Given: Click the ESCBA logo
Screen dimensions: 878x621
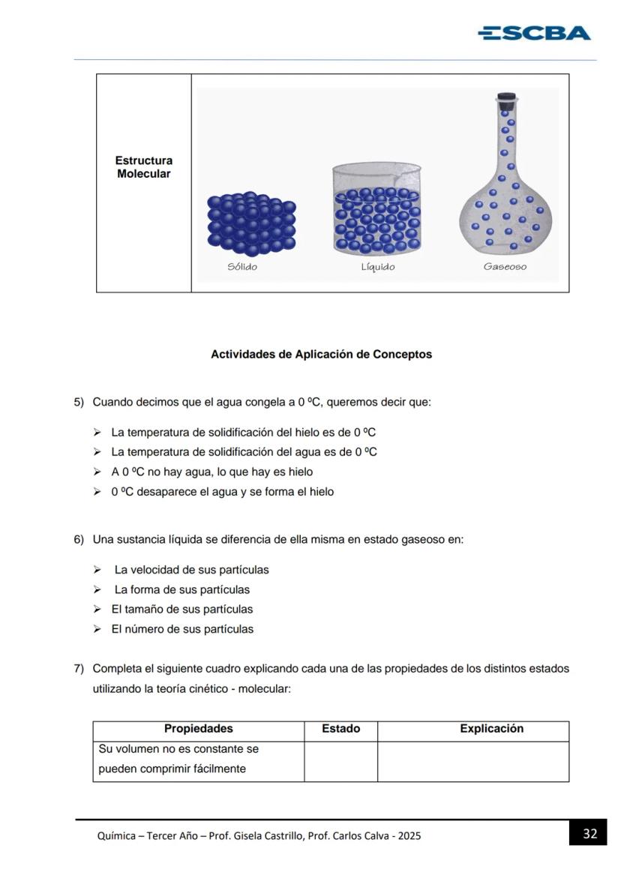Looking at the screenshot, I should pyautogui.click(x=534, y=33).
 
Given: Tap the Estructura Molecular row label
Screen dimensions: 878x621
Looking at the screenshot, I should pyautogui.click(x=143, y=167).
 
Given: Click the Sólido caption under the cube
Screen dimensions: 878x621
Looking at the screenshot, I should pyautogui.click(x=242, y=267).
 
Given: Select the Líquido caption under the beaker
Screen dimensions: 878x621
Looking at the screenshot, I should pyautogui.click(x=377, y=267).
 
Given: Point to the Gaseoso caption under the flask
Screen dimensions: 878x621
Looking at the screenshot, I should pyautogui.click(x=505, y=267).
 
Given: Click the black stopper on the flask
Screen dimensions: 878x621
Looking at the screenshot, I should pyautogui.click(x=507, y=97).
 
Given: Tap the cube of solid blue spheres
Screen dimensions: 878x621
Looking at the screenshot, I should pyautogui.click(x=251, y=223).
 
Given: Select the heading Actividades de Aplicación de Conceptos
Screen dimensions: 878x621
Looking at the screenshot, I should pyautogui.click(x=321, y=355).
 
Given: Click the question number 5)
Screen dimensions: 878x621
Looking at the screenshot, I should pyautogui.click(x=79, y=403).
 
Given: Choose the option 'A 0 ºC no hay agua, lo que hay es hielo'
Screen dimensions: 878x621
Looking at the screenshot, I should pyautogui.click(x=212, y=472).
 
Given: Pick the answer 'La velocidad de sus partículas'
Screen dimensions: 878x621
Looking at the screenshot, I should pyautogui.click(x=191, y=570).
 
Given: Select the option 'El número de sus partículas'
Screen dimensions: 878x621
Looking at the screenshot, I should pyautogui.click(x=182, y=630).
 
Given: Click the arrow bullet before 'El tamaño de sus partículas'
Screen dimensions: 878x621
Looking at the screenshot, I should pyautogui.click(x=97, y=610).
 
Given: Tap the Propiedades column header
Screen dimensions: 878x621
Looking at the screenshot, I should pyautogui.click(x=198, y=729).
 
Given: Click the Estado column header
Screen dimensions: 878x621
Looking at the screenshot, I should pyautogui.click(x=340, y=729).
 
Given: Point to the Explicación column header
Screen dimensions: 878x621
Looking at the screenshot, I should pyautogui.click(x=491, y=729).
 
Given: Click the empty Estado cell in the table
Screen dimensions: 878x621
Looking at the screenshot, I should pyautogui.click(x=340, y=762).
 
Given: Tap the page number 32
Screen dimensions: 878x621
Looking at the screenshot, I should pyautogui.click(x=589, y=833).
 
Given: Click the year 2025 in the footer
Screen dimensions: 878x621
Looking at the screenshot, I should pyautogui.click(x=409, y=836).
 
